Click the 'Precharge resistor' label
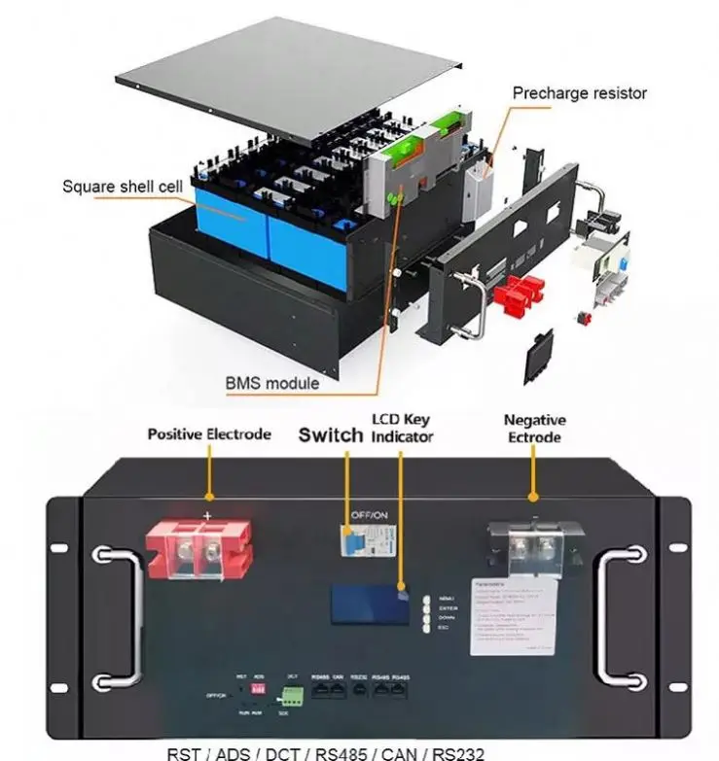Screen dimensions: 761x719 tap(579, 93)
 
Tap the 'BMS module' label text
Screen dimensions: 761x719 tap(272, 383)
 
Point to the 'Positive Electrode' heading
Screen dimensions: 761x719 tap(208, 433)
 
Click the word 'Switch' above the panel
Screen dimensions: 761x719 tap(330, 434)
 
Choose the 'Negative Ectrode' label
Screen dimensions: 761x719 tap(534, 429)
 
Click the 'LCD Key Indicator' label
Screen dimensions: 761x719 tap(402, 429)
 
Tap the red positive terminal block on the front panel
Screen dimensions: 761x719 tap(198, 548)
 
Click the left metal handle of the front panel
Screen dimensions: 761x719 tap(117, 616)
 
